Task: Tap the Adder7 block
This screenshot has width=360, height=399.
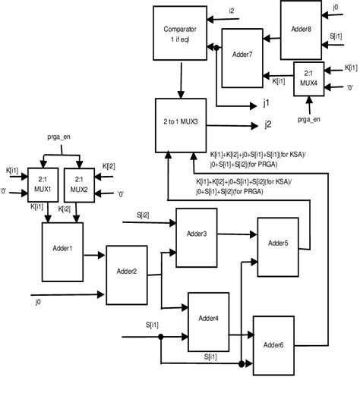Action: (x=243, y=55)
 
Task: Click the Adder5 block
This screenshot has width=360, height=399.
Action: (x=279, y=242)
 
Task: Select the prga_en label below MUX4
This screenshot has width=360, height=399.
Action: (x=308, y=118)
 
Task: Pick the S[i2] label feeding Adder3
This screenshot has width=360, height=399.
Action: (x=144, y=215)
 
